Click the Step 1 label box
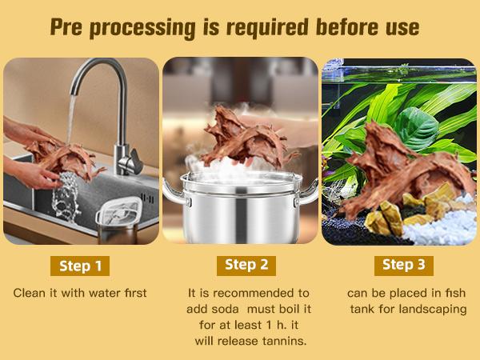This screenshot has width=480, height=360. point(80,266)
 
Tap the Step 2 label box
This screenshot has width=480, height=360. point(246,266)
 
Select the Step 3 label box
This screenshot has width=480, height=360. point(404,266)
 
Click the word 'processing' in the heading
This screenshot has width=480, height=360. point(142,28)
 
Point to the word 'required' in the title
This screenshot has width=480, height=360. point(267,28)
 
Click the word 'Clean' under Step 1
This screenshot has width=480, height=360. point(30,293)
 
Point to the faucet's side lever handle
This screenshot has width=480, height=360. point(135,160)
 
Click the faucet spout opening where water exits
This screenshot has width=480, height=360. point(73,93)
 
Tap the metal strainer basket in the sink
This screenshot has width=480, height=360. point(119,220)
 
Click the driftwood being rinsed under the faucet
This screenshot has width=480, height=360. point(66,160)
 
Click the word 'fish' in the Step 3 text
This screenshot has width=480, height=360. point(454,293)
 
